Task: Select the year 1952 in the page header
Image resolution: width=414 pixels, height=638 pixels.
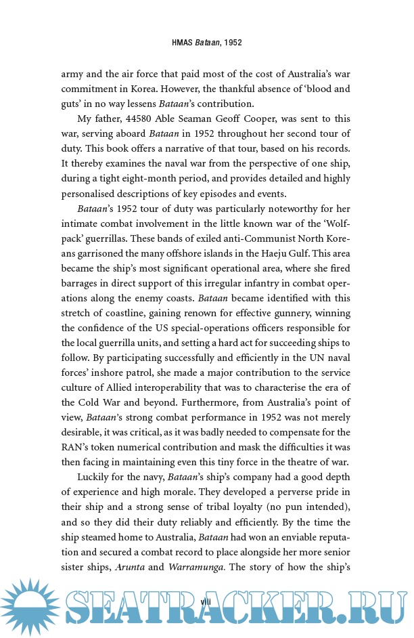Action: [x=231, y=42]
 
